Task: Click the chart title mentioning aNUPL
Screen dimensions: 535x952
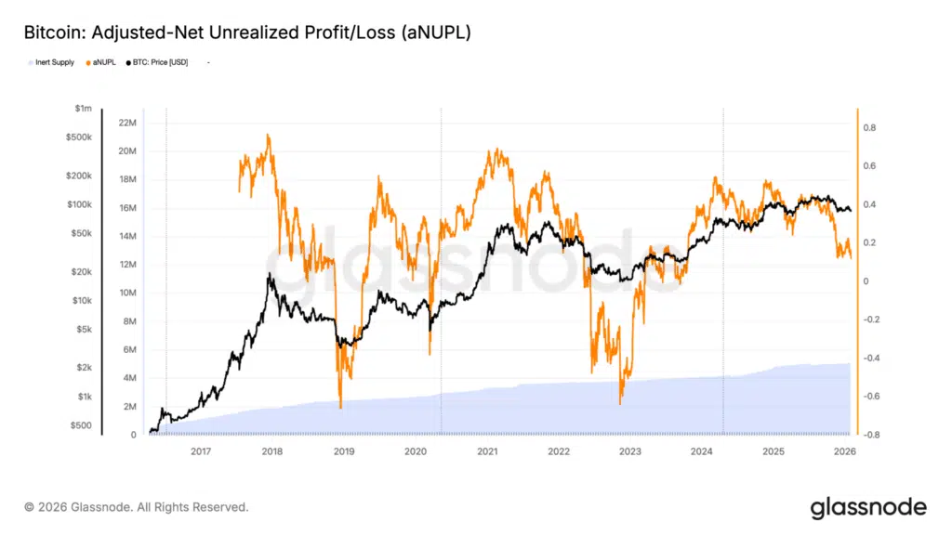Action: pyautogui.click(x=247, y=33)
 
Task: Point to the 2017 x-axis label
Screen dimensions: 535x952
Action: pyautogui.click(x=201, y=451)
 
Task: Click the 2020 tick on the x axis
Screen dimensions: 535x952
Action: pyautogui.click(x=416, y=451)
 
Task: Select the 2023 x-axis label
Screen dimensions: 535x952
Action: pyautogui.click(x=630, y=451)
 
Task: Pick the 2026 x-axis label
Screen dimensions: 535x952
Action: pyautogui.click(x=844, y=451)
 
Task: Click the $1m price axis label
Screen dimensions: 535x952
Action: pyautogui.click(x=84, y=109)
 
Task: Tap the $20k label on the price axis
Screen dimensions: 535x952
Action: pyautogui.click(x=82, y=272)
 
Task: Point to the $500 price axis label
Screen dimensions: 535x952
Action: pyautogui.click(x=82, y=425)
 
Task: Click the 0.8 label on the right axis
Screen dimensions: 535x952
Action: pyautogui.click(x=868, y=128)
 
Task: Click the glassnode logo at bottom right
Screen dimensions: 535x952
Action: pyautogui.click(x=868, y=507)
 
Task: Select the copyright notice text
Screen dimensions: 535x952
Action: pyautogui.click(x=137, y=507)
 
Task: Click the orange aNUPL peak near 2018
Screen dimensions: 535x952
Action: pyautogui.click(x=269, y=136)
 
